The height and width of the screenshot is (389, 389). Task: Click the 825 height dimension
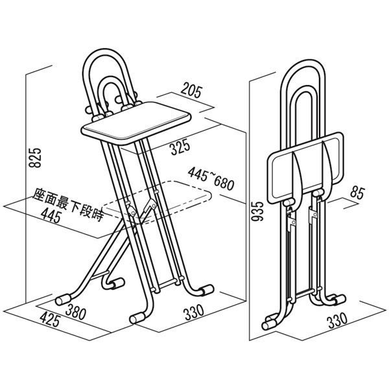tap(35, 158)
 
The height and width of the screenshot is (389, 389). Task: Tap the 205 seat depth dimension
tap(191, 90)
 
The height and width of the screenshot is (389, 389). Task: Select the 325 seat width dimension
tap(180, 147)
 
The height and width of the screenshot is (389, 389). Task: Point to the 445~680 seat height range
tap(211, 179)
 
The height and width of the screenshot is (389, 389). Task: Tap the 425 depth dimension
tap(50, 319)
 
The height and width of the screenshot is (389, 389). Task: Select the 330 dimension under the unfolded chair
tap(194, 312)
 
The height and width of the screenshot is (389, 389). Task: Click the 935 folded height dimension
tap(257, 211)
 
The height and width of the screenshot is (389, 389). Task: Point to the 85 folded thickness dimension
tap(357, 193)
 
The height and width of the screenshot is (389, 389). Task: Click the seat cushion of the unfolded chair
tap(136, 123)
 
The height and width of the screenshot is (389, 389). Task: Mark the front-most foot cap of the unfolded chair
tap(137, 318)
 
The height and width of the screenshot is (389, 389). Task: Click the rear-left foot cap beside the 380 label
tap(63, 300)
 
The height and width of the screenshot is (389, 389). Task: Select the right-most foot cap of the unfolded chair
tap(207, 290)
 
